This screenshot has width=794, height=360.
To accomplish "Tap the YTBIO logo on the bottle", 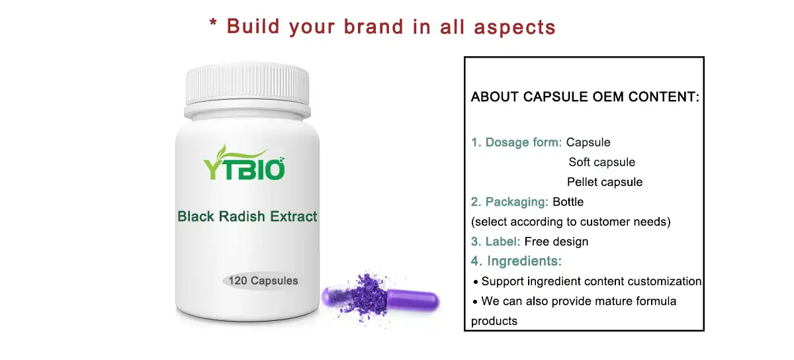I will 243,167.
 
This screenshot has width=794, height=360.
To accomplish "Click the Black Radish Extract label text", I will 247,216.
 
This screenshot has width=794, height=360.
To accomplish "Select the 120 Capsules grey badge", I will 263,281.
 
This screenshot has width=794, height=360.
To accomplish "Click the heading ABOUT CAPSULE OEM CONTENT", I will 584,97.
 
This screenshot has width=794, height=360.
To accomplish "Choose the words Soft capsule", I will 601,162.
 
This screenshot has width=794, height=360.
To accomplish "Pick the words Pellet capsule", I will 604,182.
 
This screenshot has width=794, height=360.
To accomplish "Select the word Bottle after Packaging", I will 568,202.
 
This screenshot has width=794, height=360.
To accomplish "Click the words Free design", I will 556,242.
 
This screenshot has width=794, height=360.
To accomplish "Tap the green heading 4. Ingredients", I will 516,261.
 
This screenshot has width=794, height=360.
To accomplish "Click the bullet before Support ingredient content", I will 475,282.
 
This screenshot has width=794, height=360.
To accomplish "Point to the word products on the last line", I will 494,321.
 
